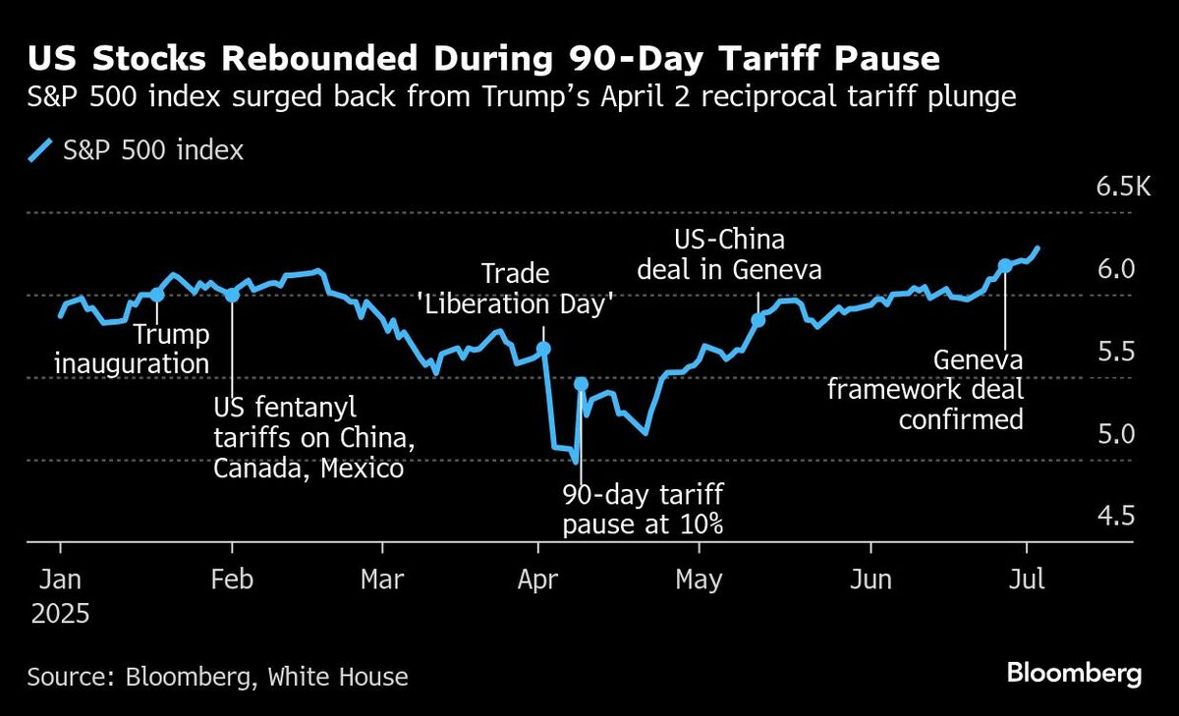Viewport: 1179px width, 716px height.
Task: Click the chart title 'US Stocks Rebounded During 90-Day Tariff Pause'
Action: (x=483, y=59)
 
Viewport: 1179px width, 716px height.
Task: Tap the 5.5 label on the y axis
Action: (x=1115, y=352)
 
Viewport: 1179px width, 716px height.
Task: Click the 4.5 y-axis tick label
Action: (x=1115, y=516)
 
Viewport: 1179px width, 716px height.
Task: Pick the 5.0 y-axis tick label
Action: (x=1115, y=433)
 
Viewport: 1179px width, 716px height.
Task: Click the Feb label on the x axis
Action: (x=232, y=579)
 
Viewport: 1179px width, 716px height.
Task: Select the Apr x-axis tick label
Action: (x=538, y=579)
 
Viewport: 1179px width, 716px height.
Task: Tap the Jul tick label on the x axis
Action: (x=1027, y=579)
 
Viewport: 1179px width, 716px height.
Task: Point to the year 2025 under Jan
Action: (x=60, y=616)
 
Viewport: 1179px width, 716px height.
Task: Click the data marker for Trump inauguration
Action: (x=157, y=294)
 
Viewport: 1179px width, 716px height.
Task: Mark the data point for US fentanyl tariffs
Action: (x=232, y=295)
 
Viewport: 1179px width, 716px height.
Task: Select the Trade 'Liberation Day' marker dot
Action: (x=544, y=349)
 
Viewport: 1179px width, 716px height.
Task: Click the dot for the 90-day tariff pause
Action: (x=581, y=384)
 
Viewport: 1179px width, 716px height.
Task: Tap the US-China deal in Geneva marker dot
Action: (x=758, y=319)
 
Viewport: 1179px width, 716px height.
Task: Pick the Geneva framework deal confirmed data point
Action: (x=1005, y=265)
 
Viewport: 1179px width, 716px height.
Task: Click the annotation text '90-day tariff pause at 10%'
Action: (x=643, y=509)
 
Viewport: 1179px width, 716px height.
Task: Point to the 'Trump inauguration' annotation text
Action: (x=132, y=350)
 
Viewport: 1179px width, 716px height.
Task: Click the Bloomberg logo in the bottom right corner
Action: (x=1074, y=674)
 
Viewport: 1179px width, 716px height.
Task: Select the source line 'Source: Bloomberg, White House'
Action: (x=217, y=676)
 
